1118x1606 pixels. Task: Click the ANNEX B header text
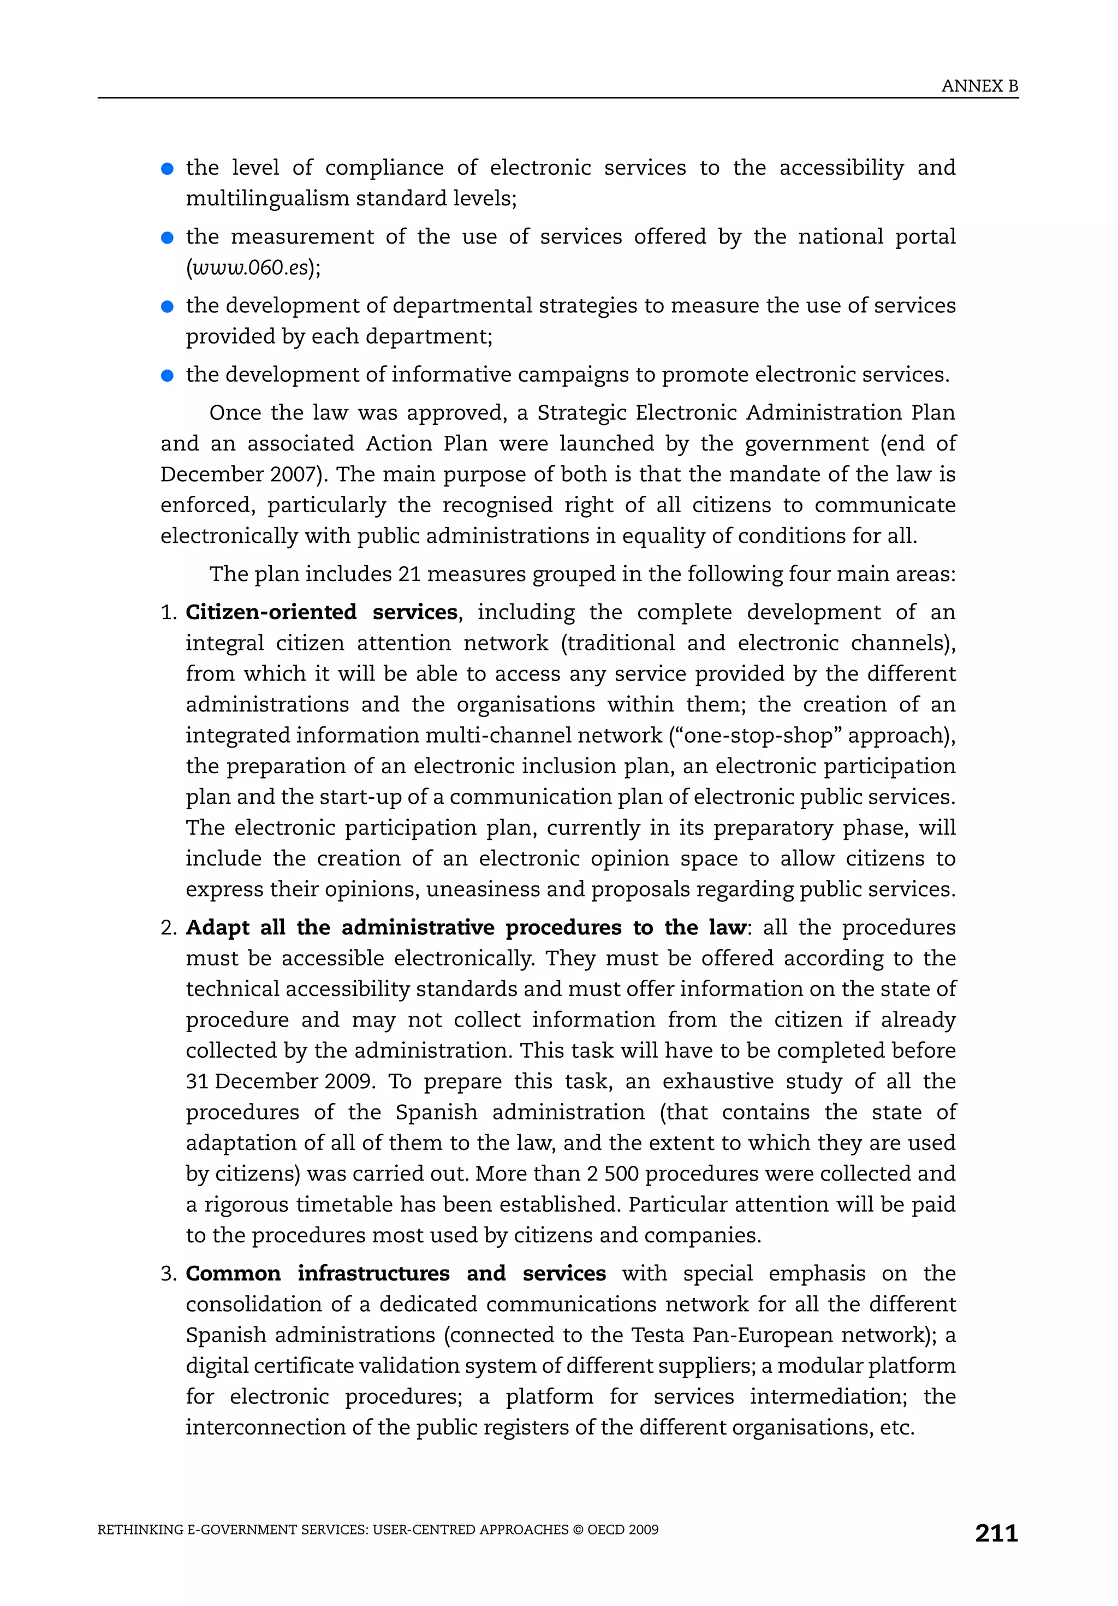click(x=979, y=86)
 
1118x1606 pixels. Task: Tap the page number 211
click(x=996, y=1533)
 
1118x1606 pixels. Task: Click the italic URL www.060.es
click(x=249, y=268)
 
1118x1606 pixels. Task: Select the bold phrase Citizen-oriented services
click(x=322, y=612)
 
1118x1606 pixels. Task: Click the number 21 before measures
click(x=409, y=574)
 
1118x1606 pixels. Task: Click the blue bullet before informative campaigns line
click(x=167, y=376)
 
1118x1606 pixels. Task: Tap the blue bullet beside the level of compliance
click(x=167, y=169)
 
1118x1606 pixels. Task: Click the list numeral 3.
click(x=169, y=1274)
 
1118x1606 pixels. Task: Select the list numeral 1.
click(x=169, y=613)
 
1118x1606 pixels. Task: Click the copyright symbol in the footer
click(x=578, y=1530)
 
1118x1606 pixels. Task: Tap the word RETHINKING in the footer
click(x=140, y=1530)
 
